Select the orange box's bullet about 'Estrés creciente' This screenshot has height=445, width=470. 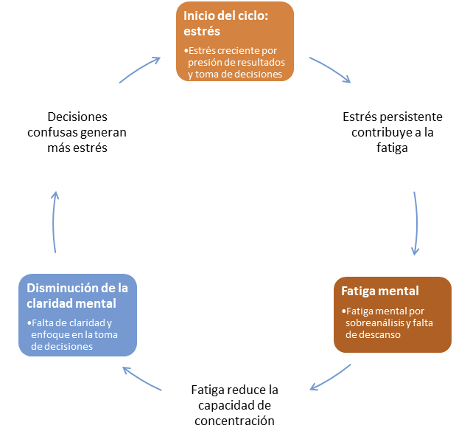coord(236,62)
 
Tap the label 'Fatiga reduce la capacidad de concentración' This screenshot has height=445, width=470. coord(234,404)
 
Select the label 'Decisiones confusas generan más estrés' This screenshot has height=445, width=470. coord(77,132)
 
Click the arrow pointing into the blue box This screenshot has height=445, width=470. coord(141,379)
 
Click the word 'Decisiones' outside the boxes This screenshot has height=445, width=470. coord(77,117)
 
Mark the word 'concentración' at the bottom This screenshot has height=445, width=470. coord(234,421)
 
